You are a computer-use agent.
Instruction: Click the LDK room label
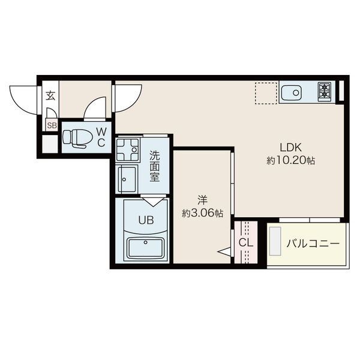(290, 148)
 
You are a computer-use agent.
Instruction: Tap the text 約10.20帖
(290, 160)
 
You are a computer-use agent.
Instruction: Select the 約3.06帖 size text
(203, 213)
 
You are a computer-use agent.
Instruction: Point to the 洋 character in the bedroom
(203, 200)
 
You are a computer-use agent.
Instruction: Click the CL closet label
(246, 242)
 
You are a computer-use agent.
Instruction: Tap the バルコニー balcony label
(313, 244)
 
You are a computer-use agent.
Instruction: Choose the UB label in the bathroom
(146, 220)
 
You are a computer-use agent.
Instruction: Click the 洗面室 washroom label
(155, 166)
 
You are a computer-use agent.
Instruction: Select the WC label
(101, 137)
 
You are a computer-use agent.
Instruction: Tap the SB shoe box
(52, 125)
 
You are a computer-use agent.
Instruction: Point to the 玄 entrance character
(50, 95)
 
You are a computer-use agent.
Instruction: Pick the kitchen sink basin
(291, 93)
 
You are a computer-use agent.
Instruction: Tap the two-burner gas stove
(324, 92)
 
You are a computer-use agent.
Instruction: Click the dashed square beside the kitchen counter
(266, 93)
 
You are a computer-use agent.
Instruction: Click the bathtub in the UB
(146, 248)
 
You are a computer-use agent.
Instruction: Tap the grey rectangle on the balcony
(275, 241)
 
